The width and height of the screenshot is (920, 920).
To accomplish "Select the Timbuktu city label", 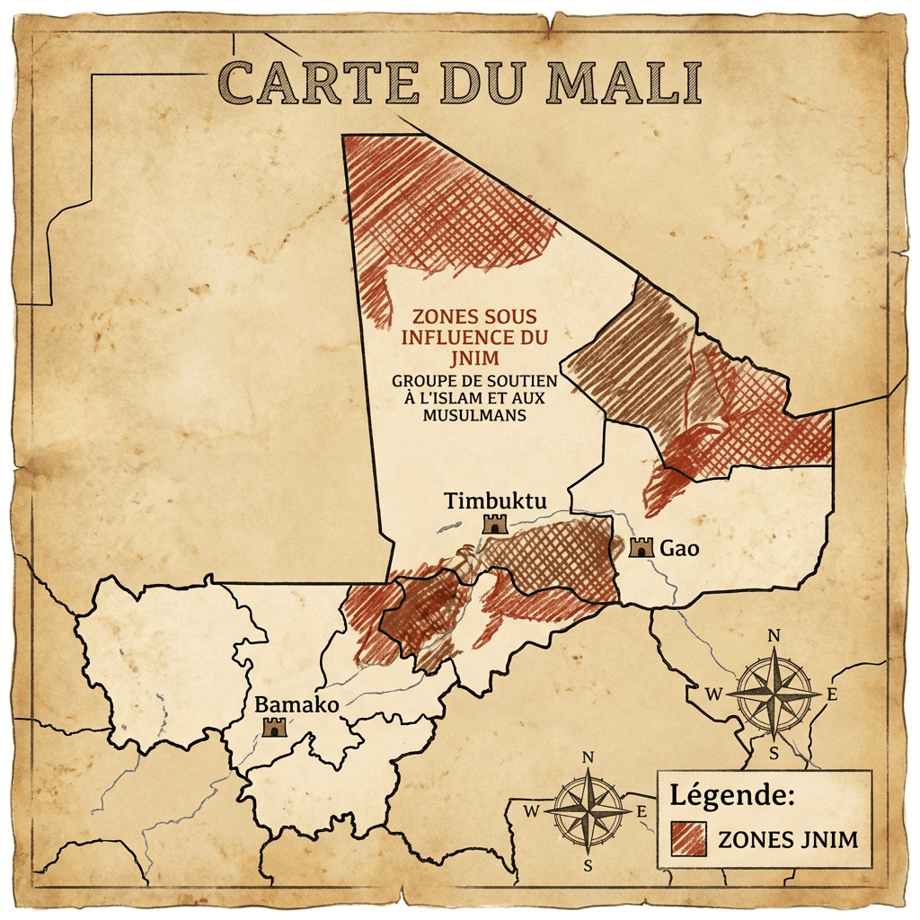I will [494, 500].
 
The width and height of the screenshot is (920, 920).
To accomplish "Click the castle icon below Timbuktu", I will [495, 524].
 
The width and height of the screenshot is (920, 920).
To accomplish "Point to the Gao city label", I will [680, 547].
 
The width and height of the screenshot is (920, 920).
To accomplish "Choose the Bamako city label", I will [296, 705].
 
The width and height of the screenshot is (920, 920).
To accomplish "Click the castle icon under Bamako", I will [272, 727].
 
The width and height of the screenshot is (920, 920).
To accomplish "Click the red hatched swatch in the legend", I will [689, 839].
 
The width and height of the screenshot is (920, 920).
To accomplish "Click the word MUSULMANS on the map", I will [473, 415].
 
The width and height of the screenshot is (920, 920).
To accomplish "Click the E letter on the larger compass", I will [831, 693].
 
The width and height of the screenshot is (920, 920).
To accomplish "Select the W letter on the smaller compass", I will [530, 811].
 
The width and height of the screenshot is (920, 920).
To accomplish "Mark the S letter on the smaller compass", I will [588, 866].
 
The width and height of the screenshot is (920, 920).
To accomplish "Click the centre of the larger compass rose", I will [774, 693].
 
